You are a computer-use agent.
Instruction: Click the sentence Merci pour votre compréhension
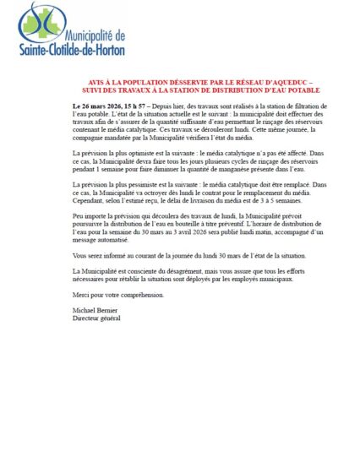tap(117, 294)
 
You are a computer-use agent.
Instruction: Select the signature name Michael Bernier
tap(95, 311)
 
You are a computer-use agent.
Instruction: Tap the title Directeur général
tap(97, 318)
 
